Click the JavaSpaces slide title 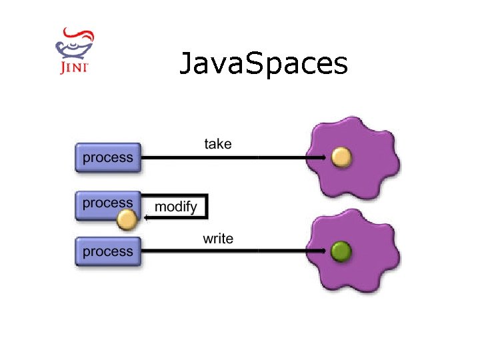(263, 64)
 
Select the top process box (108, 158)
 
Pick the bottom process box (108, 251)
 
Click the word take (218, 143)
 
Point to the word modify (175, 207)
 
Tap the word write (218, 238)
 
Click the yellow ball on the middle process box (127, 219)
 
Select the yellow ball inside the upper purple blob (341, 157)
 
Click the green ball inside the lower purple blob (341, 251)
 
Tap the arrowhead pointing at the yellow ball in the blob (325, 157)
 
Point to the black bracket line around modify (206, 206)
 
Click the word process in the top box (108, 158)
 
